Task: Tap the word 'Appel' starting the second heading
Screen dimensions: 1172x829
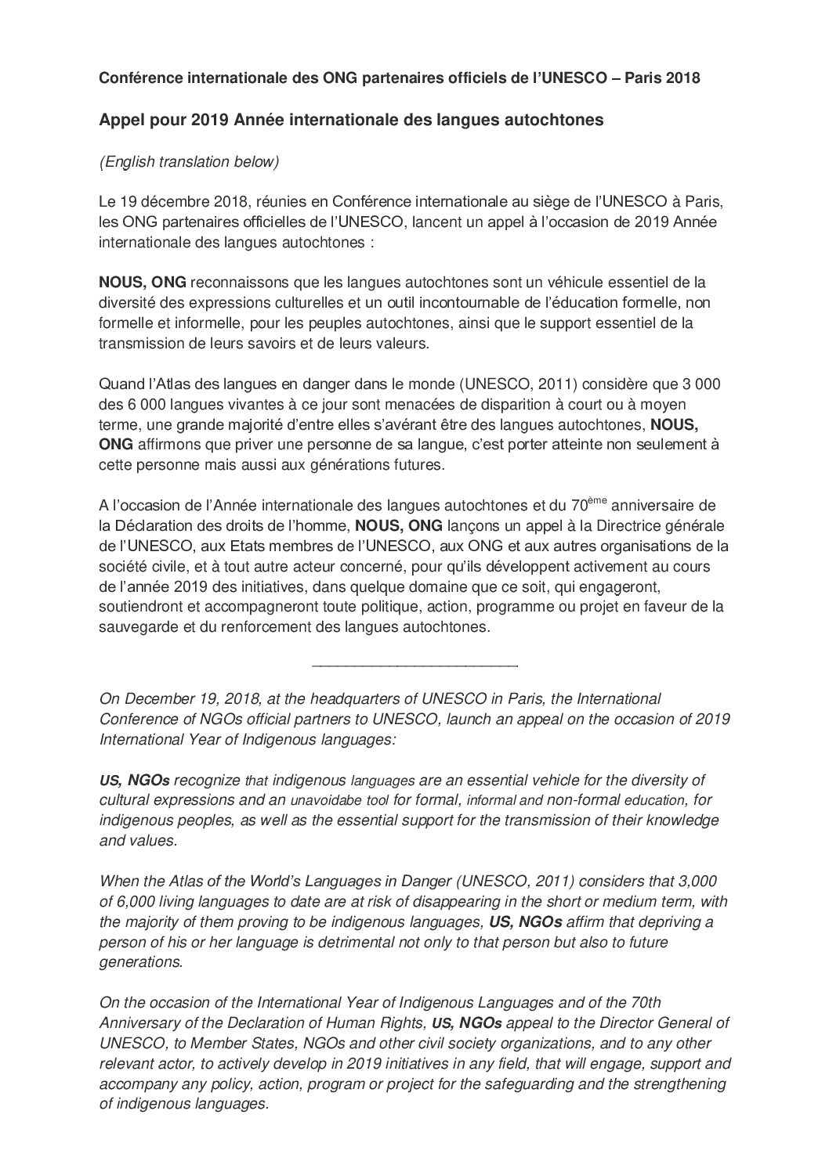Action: click(x=118, y=121)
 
